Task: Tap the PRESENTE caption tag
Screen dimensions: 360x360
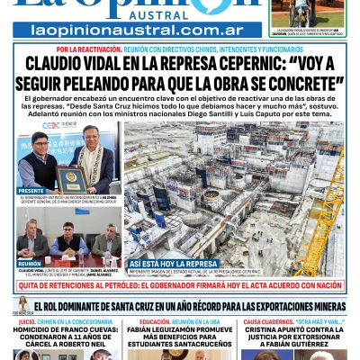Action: point(31,191)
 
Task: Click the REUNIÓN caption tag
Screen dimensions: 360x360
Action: point(30,264)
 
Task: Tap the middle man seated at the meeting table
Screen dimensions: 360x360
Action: point(68,241)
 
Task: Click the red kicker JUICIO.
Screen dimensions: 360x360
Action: point(27,321)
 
